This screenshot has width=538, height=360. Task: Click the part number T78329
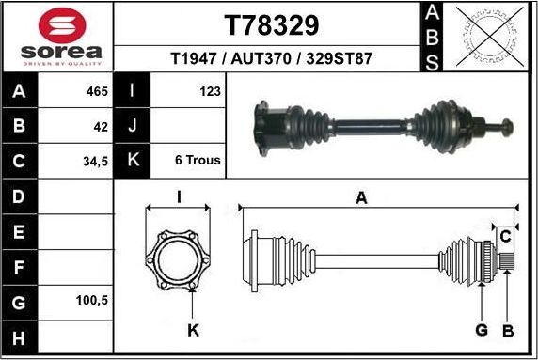click(271, 24)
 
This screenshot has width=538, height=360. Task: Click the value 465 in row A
click(97, 91)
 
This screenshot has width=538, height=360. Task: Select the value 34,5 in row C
click(95, 160)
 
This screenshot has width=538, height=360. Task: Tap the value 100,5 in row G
click(92, 302)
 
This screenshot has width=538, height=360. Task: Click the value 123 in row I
click(210, 91)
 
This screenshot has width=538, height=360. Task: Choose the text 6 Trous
click(198, 160)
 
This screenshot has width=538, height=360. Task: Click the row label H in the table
click(21, 337)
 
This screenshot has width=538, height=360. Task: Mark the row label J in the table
click(133, 125)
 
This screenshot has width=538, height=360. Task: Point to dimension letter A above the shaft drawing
click(361, 197)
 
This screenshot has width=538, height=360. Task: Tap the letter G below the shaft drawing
click(481, 329)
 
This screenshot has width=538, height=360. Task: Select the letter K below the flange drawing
click(193, 329)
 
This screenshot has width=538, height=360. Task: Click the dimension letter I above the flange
click(179, 197)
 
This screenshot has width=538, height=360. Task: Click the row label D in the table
click(21, 196)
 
